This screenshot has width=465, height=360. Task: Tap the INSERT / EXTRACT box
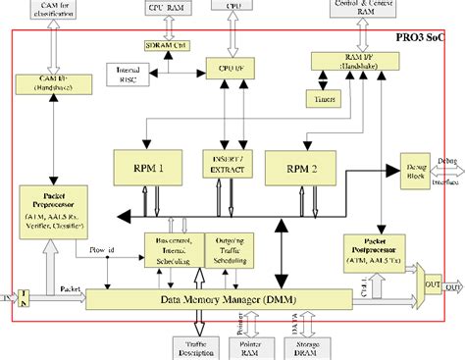[x=229, y=163]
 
